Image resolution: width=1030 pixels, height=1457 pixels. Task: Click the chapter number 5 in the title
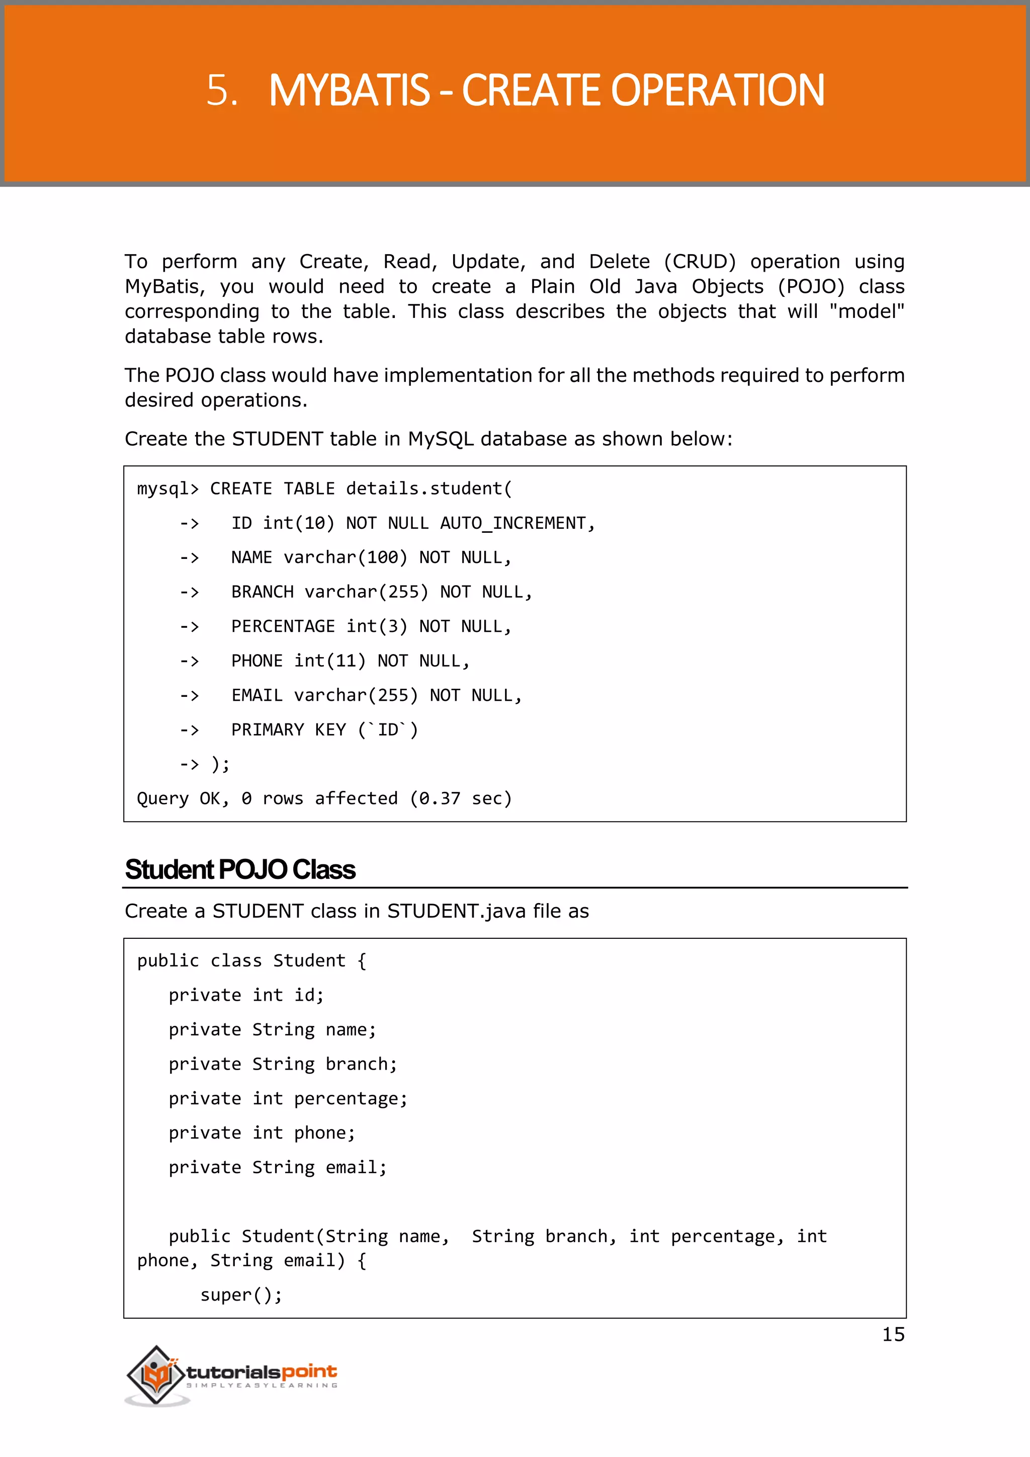pyautogui.click(x=221, y=90)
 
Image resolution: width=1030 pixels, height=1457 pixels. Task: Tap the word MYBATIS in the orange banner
pyautogui.click(x=350, y=90)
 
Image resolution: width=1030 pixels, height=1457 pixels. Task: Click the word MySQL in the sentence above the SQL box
pyautogui.click(x=440, y=439)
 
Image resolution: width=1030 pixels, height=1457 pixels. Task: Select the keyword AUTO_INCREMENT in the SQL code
pyautogui.click(x=513, y=524)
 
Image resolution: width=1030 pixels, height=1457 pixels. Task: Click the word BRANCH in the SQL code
pyautogui.click(x=262, y=592)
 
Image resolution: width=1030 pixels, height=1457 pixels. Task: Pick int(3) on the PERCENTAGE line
pyautogui.click(x=377, y=626)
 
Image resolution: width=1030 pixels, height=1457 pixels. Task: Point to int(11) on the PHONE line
pyautogui.click(x=330, y=661)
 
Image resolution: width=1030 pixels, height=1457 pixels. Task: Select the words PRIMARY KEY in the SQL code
pyautogui.click(x=289, y=730)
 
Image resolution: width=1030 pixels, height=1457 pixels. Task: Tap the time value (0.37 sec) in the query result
pyautogui.click(x=461, y=798)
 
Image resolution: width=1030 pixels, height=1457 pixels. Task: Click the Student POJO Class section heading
pyautogui.click(x=240, y=870)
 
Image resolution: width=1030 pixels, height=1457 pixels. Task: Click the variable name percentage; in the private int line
pyautogui.click(x=351, y=1099)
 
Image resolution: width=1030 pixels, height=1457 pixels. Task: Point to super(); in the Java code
pyautogui.click(x=241, y=1295)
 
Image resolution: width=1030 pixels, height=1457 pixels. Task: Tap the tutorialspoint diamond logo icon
pyautogui.click(x=155, y=1374)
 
